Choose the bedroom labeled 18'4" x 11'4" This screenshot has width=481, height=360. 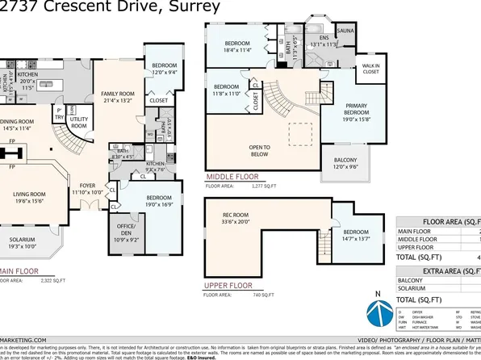click(237, 46)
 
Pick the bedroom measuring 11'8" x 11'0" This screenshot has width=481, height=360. click(226, 90)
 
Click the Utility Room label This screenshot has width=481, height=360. click(79, 121)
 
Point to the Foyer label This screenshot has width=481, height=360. click(86, 189)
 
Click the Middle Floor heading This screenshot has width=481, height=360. click(232, 176)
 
